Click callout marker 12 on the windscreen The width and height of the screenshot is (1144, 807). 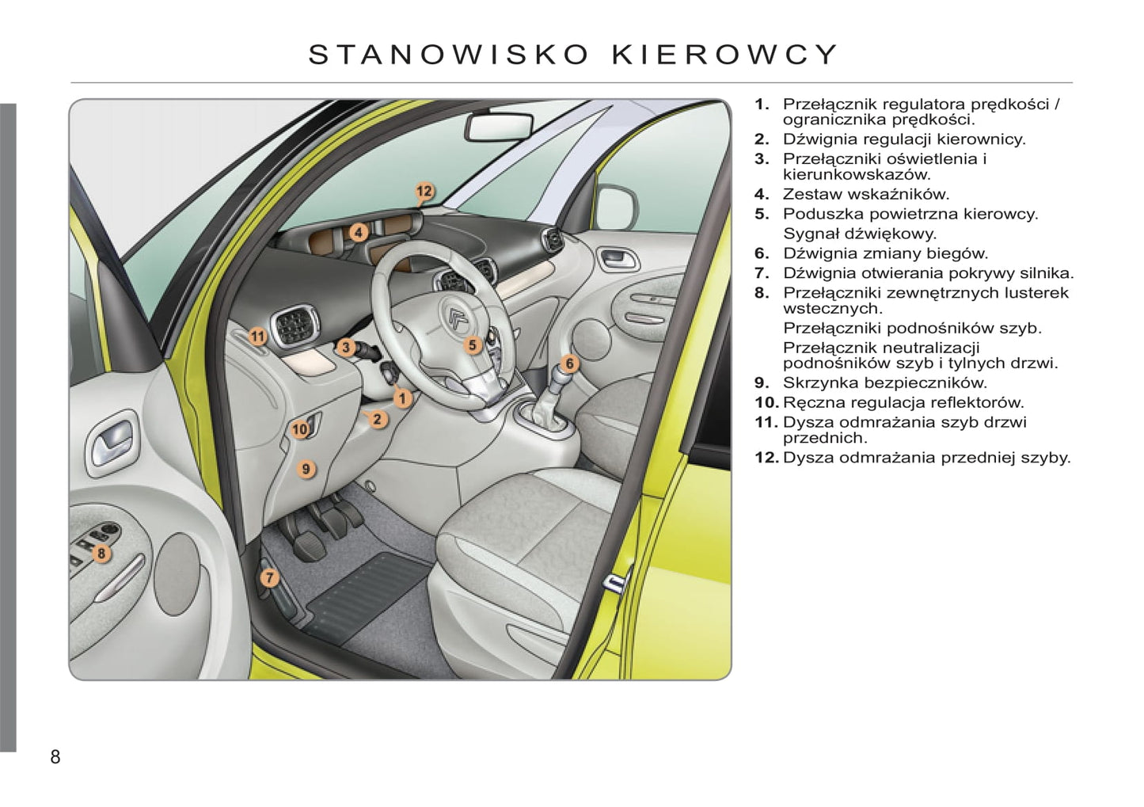pyautogui.click(x=424, y=192)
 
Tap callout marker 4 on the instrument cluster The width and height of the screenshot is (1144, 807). pyautogui.click(x=359, y=233)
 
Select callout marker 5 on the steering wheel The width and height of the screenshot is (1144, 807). pyautogui.click(x=473, y=345)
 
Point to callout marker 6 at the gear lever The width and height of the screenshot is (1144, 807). pyautogui.click(x=569, y=364)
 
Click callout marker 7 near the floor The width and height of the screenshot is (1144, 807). pyautogui.click(x=269, y=578)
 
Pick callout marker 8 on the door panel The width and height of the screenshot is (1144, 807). pyautogui.click(x=101, y=553)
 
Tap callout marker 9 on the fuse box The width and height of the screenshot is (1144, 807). pyautogui.click(x=306, y=469)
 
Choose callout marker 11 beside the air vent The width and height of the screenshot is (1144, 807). pyautogui.click(x=258, y=337)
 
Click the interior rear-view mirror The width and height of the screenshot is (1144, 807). pyautogui.click(x=499, y=127)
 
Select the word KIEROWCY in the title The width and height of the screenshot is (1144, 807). pyautogui.click(x=724, y=55)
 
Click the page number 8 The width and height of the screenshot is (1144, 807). pyautogui.click(x=55, y=756)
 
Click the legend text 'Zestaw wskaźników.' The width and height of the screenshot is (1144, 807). pyautogui.click(x=866, y=194)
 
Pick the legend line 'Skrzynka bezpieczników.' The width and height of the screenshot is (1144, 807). pyautogui.click(x=885, y=383)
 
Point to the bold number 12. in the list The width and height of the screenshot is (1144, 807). pyautogui.click(x=766, y=458)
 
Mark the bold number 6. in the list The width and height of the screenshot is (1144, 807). pyautogui.click(x=762, y=253)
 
